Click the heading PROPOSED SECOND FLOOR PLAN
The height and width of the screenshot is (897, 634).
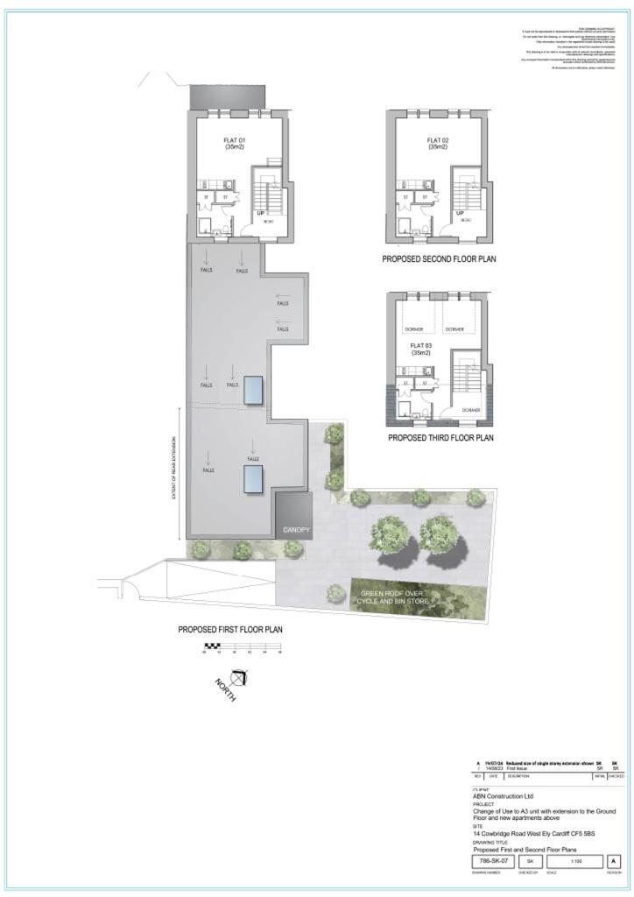click(x=439, y=260)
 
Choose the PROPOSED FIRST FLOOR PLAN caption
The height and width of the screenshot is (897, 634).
click(x=230, y=629)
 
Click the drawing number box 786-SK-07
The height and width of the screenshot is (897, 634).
click(x=490, y=861)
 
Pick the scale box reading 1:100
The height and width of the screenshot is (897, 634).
click(x=574, y=861)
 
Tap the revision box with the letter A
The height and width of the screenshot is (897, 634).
click(x=614, y=861)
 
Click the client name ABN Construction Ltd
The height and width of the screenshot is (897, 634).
click(x=503, y=795)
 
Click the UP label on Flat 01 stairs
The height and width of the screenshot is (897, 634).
click(x=261, y=213)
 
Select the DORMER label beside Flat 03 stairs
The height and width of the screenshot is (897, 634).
click(x=470, y=411)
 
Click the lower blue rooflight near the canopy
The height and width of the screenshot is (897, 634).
click(x=254, y=478)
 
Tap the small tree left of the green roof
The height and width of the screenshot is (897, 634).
click(x=335, y=593)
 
